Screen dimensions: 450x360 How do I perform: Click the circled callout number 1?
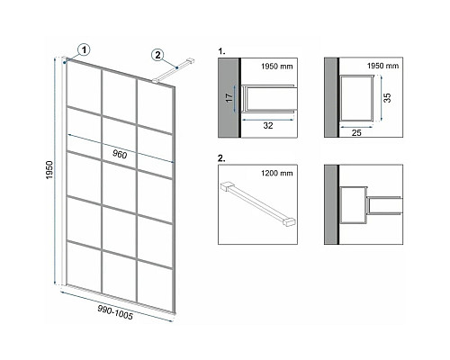pos(84,49)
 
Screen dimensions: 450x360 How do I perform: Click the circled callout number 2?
pos(157,55)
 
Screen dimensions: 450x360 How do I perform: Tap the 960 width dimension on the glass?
pos(120,154)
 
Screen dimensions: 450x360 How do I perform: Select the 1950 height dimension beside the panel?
pos(49,170)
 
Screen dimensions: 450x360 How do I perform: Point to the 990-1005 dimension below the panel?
pos(115,312)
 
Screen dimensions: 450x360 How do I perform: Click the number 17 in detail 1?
pos(229,97)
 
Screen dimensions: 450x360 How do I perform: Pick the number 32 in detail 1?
pos(268,125)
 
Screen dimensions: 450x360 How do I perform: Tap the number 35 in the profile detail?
pos(387,98)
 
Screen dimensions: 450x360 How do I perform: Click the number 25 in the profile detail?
pos(356,132)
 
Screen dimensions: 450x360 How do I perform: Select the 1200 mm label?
pos(276,173)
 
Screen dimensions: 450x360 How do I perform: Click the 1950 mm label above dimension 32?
pos(276,67)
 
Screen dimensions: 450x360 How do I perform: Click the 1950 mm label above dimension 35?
pos(383,66)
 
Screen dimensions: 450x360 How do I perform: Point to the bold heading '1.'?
pos(221,51)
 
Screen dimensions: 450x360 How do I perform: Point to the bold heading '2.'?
pos(221,158)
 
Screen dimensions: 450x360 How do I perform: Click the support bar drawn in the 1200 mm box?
pos(258,204)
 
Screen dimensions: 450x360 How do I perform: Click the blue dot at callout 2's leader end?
pos(177,68)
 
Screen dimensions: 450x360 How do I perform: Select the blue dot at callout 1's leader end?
pos(65,62)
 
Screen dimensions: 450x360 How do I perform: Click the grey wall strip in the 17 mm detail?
pos(229,98)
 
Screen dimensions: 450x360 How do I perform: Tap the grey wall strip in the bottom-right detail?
pos(330,204)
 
